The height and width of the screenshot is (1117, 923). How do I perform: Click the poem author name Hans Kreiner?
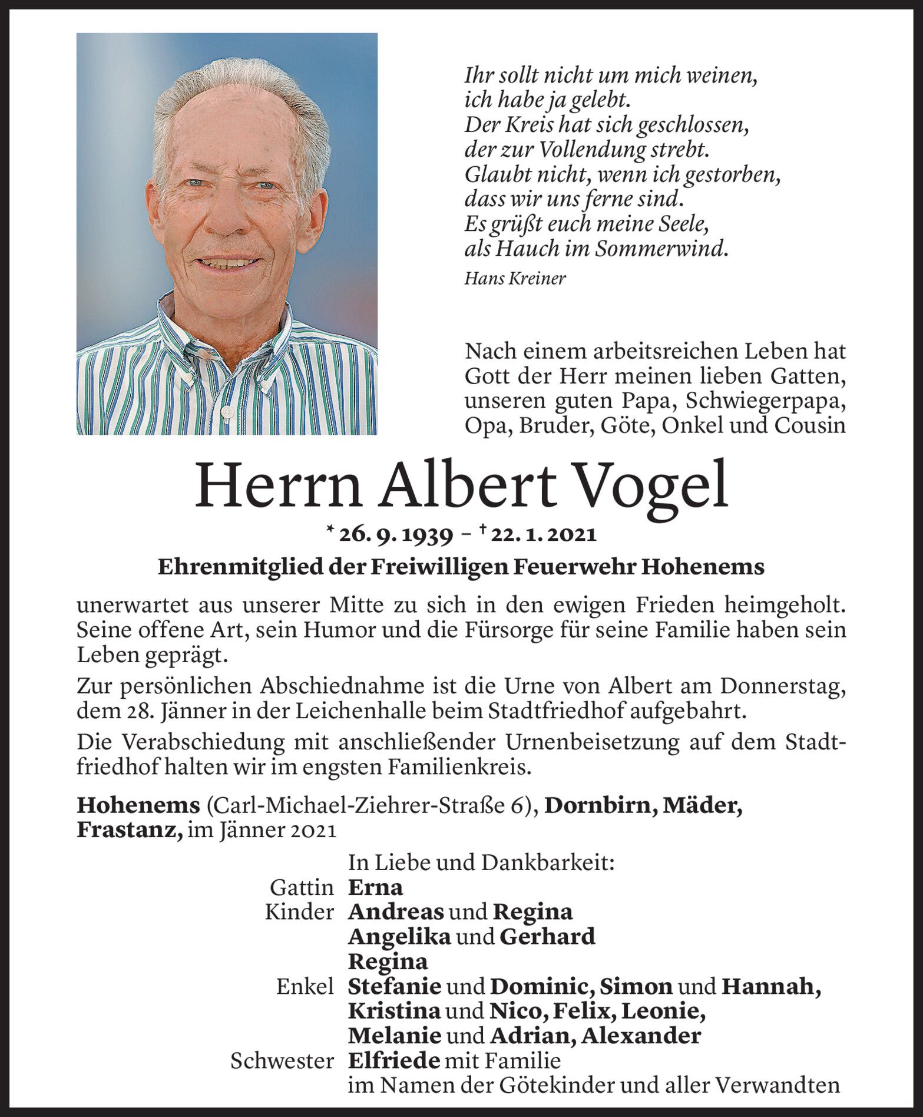click(x=515, y=278)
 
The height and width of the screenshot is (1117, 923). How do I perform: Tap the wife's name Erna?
click(x=376, y=887)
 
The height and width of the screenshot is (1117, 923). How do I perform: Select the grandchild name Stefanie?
click(x=395, y=986)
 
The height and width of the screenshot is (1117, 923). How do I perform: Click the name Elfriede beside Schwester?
click(x=394, y=1061)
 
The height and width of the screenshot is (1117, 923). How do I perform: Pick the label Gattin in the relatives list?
click(x=302, y=887)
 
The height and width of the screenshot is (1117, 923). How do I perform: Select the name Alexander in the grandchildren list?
click(x=641, y=1036)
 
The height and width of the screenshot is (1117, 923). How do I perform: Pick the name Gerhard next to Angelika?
click(x=547, y=937)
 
